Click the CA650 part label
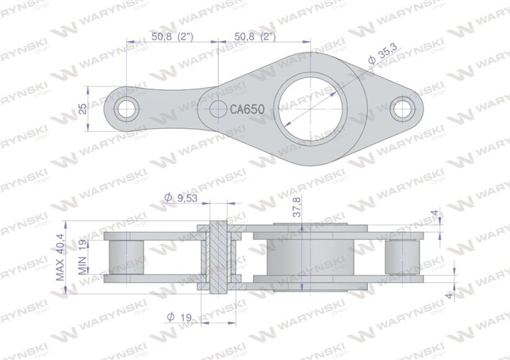click(x=248, y=109)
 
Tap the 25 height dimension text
click(x=83, y=109)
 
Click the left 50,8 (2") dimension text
click(x=171, y=34)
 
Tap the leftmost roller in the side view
click(x=127, y=258)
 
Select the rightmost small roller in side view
click(x=401, y=258)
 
